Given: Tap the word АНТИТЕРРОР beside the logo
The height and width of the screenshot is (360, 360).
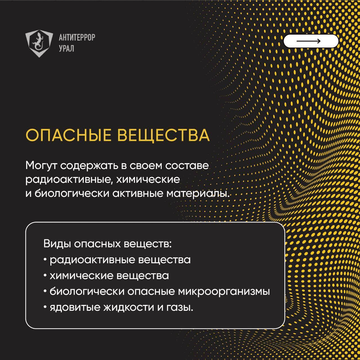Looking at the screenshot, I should point(77,37).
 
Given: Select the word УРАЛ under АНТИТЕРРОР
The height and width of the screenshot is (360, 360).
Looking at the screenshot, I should point(66,49).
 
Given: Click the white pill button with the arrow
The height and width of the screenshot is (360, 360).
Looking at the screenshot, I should point(310,41).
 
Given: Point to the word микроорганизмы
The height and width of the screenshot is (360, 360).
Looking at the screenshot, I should point(224,292).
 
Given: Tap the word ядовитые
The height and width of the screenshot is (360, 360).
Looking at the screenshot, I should point(75,307).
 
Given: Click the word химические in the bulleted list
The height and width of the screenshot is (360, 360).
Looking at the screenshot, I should point(81,276).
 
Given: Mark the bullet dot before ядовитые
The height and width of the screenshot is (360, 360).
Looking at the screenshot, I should point(45,307).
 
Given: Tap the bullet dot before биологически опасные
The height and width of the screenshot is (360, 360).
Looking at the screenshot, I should point(45,291).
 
